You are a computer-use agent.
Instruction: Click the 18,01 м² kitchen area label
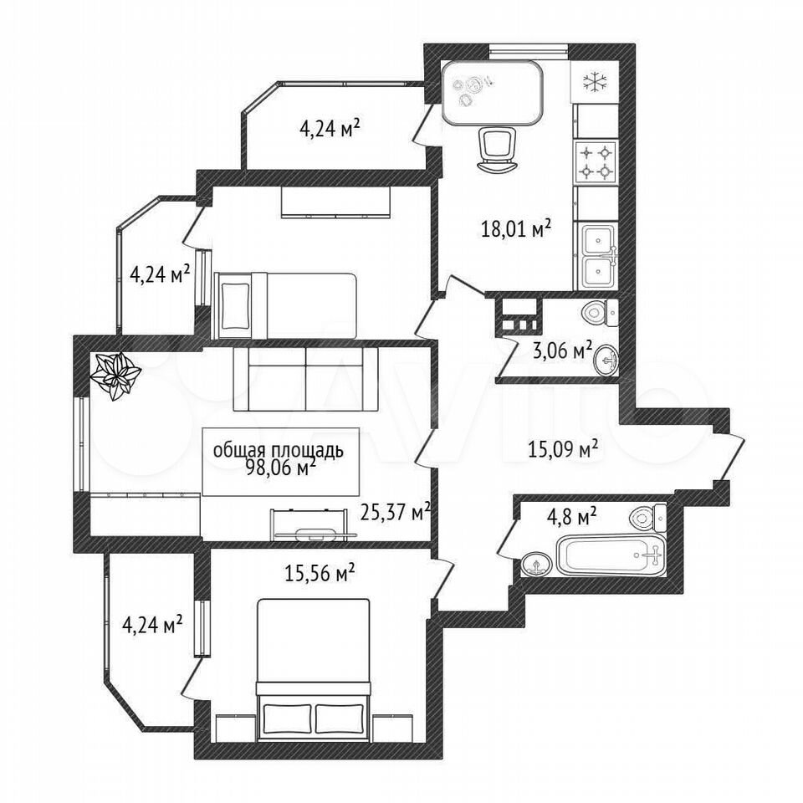coord(516,228)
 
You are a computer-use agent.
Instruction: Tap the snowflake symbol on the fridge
coord(595,83)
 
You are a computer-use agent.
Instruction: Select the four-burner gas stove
coord(596,161)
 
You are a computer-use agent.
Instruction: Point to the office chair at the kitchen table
coord(495,150)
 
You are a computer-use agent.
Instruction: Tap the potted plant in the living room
coord(115,376)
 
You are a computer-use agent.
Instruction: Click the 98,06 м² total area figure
coord(281,467)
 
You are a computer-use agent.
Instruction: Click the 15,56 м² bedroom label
coord(320,573)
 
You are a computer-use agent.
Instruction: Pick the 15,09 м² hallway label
coord(563,450)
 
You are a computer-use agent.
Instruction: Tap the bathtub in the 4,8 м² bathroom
coord(611,555)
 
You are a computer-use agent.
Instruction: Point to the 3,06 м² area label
coord(563,352)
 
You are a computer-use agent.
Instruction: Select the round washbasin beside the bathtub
coord(536,565)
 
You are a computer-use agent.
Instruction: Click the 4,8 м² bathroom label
coord(572,516)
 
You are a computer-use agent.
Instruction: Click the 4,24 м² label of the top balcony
coord(329,129)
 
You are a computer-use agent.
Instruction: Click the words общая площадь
coord(278,451)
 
